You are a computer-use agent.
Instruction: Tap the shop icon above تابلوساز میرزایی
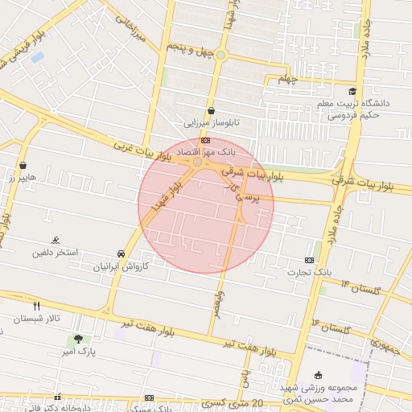(x=211, y=111)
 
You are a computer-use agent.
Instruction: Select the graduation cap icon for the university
(x=352, y=91)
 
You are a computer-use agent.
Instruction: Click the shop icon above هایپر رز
(x=23, y=165)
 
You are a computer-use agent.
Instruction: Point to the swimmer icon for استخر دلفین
(x=56, y=240)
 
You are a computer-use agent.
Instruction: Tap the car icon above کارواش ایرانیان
(x=121, y=253)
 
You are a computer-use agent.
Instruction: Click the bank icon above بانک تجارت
(x=310, y=260)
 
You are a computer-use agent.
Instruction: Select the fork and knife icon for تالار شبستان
(x=36, y=306)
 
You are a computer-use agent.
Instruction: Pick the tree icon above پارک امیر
(x=78, y=339)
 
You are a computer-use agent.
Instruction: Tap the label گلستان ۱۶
(x=332, y=326)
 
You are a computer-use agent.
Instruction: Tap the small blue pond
(x=37, y=57)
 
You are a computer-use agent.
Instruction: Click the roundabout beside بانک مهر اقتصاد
(x=198, y=162)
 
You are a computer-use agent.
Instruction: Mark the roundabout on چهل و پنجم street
(x=220, y=55)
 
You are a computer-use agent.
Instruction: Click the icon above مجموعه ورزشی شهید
(x=319, y=374)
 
